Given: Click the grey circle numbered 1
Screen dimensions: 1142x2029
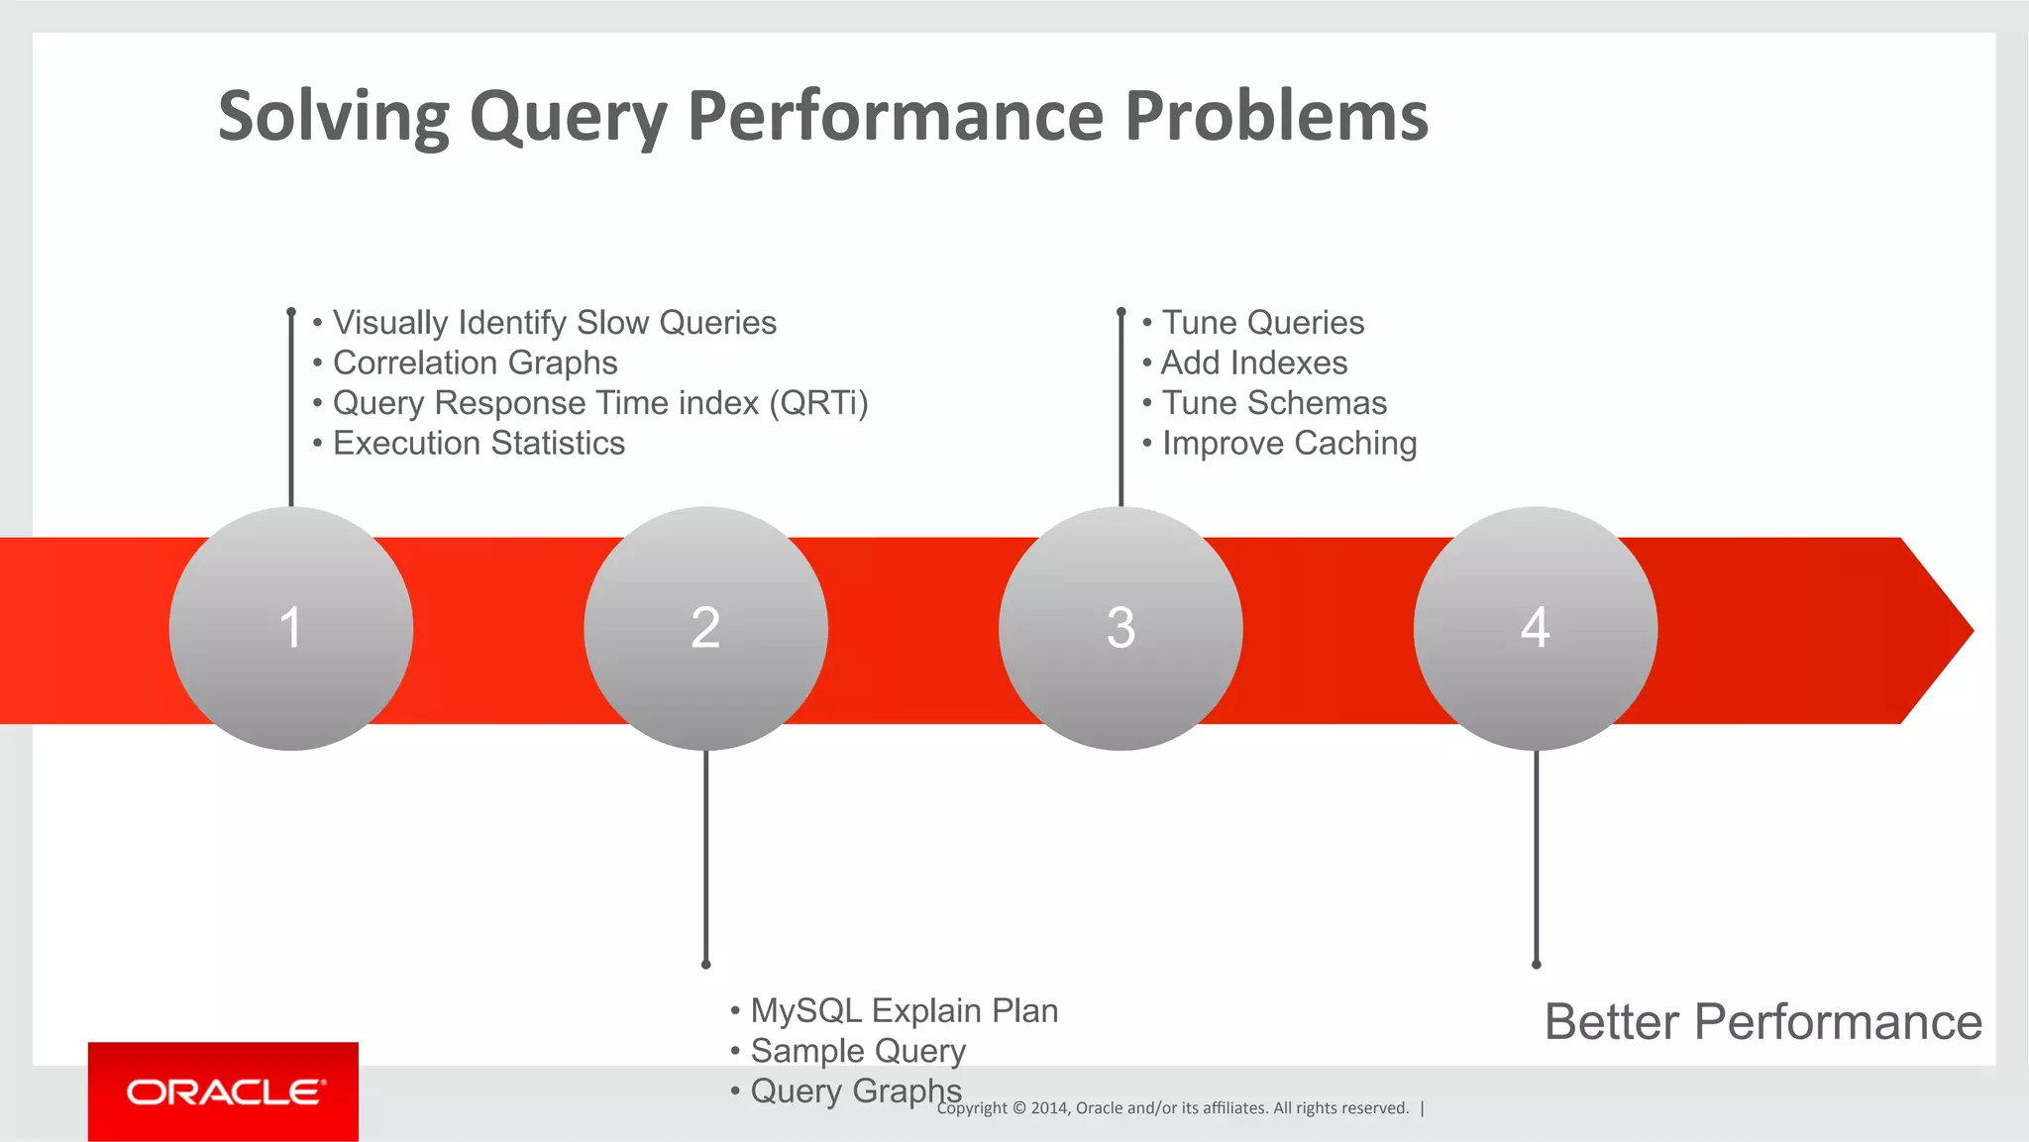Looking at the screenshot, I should tap(290, 629).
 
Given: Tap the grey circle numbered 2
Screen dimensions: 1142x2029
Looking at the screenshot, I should tap(705, 629).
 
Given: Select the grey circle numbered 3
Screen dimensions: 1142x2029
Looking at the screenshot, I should tap(1121, 629).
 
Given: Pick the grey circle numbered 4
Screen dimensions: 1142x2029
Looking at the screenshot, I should tap(1535, 629).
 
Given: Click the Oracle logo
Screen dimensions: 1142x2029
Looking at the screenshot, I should tap(224, 1091).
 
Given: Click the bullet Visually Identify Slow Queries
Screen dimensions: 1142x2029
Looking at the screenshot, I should tap(554, 323).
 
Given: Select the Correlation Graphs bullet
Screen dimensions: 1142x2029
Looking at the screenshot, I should tap(475, 363).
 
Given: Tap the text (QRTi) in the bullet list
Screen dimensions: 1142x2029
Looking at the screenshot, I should tap(818, 403).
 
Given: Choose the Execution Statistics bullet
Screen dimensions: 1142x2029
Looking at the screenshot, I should tap(479, 444).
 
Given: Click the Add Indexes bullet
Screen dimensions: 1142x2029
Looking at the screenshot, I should tap(1253, 363).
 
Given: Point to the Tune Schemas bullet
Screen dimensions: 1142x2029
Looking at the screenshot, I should tap(1273, 403).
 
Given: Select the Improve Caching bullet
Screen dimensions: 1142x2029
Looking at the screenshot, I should tap(1288, 444).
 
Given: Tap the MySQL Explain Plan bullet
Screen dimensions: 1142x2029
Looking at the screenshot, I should tap(904, 1010).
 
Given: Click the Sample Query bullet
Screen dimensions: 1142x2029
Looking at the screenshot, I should tap(857, 1051).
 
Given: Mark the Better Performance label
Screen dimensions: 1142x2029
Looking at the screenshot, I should tap(1762, 1022).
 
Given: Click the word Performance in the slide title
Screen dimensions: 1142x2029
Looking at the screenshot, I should tap(895, 116).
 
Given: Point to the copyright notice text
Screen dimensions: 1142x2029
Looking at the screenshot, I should tap(1172, 1108).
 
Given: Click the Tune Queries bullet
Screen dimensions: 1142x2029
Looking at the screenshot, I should tap(1262, 323).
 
